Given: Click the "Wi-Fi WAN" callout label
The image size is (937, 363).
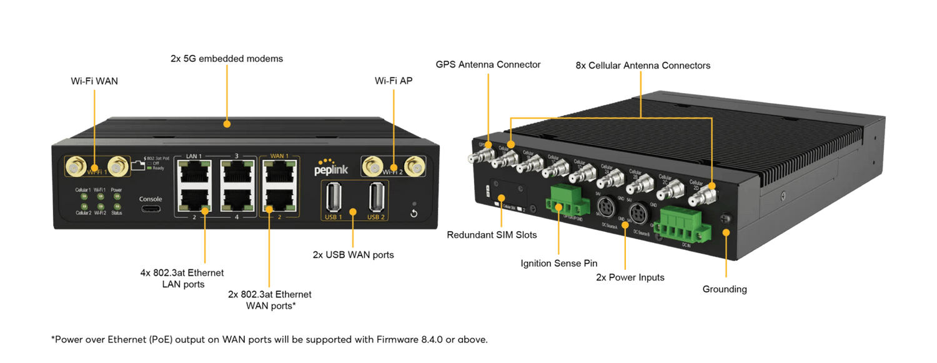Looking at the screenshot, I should tap(94, 81).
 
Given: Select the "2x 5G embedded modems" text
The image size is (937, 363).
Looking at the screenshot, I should tap(227, 59).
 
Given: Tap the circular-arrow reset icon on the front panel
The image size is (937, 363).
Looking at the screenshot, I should tap(414, 214).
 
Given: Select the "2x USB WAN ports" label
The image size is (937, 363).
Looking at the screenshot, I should tap(353, 255).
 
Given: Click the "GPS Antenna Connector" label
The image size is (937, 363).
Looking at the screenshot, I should tap(488, 65).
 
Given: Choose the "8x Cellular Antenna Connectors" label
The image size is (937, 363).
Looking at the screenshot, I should tap(643, 65).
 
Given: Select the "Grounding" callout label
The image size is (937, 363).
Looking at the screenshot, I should tap(725, 289).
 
